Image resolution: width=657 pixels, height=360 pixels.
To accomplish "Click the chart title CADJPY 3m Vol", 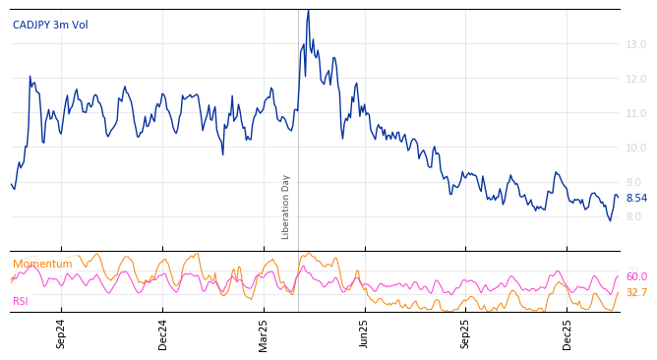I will pos(50,25).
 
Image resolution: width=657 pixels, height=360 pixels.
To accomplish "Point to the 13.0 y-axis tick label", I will pos(636,44).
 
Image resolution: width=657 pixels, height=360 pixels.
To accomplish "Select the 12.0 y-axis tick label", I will pos(636,79).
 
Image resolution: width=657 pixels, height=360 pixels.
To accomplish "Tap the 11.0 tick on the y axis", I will pos(636,113).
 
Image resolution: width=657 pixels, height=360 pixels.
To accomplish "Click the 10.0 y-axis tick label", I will pos(636,148).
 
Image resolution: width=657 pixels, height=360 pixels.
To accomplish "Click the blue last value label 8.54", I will pos(636,198).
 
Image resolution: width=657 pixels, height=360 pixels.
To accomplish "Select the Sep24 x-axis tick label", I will pos(61,333).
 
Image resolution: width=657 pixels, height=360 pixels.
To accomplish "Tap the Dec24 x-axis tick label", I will pos(163,333).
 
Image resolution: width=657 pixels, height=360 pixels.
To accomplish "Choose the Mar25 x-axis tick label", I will pos(264,333).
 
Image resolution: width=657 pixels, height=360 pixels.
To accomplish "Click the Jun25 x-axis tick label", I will pos(364,333).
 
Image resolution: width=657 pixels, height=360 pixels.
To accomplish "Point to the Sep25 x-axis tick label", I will pos(465,333).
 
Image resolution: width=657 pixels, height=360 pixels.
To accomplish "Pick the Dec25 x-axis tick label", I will pos(567,333).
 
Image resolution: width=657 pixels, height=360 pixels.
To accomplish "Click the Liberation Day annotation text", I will pos(286,207).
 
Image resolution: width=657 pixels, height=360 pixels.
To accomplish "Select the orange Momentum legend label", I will pos(42,264).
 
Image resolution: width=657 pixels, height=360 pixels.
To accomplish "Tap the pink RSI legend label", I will pos(21,301).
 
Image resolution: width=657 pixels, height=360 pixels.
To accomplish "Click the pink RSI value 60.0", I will pos(636,277).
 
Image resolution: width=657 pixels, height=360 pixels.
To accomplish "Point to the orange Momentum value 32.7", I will pos(636,293).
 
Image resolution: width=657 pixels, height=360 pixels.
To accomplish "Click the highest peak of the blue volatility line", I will pos(308,11).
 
